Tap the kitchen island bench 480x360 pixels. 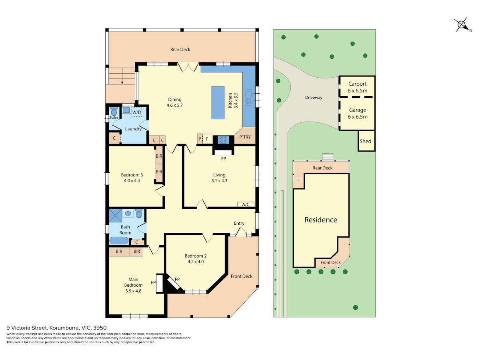pyautogui.click(x=218, y=102)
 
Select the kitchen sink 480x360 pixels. pyautogui.click(x=248, y=97)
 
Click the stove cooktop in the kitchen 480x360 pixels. pyautogui.click(x=223, y=140)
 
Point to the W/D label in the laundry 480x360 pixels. pyautogui.click(x=137, y=112)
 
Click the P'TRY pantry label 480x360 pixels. pyautogui.click(x=245, y=137)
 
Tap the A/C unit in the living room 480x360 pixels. pyautogui.click(x=246, y=204)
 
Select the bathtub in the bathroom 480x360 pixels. pyautogui.click(x=119, y=241)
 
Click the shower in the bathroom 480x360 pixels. pyautogui.click(x=116, y=216)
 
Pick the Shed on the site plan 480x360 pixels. pyautogui.click(x=366, y=141)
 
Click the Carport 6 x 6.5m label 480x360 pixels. pyautogui.click(x=357, y=87)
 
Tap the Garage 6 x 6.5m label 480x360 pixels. pyautogui.click(x=357, y=113)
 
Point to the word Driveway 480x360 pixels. pyautogui.click(x=314, y=98)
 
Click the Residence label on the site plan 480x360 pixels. pyautogui.click(x=320, y=220)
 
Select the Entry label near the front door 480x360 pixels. pyautogui.click(x=239, y=223)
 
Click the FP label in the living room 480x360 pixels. pyautogui.click(x=223, y=159)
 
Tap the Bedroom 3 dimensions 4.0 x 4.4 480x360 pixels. pyautogui.click(x=132, y=181)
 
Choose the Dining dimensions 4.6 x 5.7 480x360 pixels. pyautogui.click(x=174, y=105)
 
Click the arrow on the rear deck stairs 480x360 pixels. pyautogui.click(x=122, y=76)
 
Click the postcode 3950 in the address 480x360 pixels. pyautogui.click(x=100, y=328)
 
